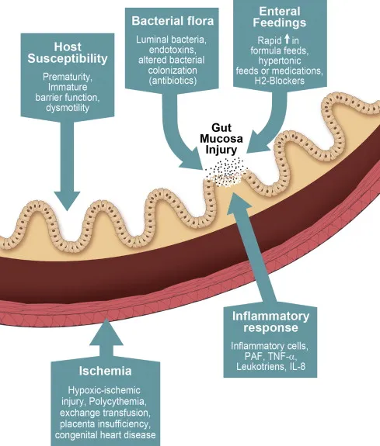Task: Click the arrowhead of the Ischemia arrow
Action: pyautogui.click(x=105, y=330)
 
